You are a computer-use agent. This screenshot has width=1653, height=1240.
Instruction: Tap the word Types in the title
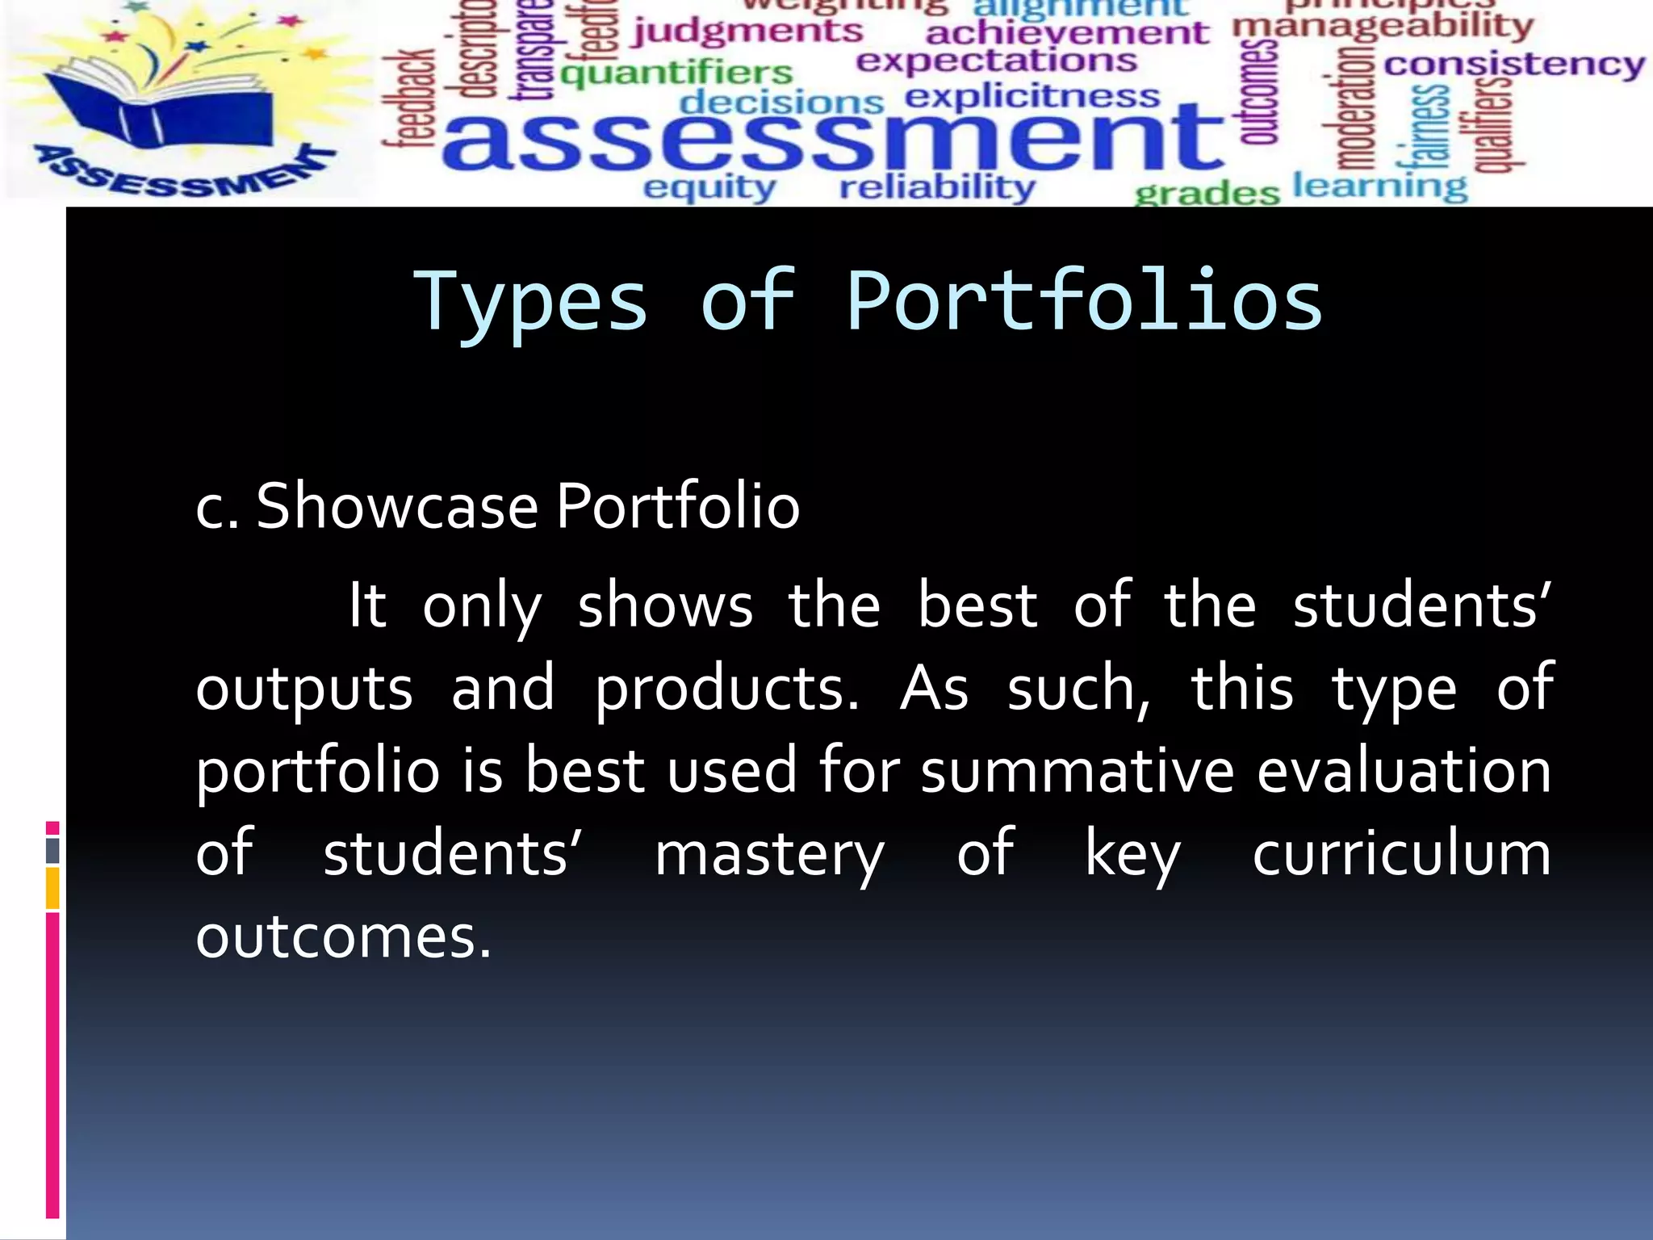tap(531, 302)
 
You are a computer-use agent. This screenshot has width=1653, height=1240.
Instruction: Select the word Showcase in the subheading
tap(397, 507)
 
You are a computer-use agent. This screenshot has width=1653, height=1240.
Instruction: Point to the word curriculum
tap(1401, 854)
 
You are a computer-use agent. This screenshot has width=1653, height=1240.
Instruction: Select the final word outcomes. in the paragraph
tap(343, 938)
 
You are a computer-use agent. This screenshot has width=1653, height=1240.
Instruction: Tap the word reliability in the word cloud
tap(937, 188)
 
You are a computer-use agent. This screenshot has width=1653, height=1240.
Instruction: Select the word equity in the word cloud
tap(709, 188)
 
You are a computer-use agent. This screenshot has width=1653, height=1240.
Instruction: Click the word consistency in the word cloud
tap(1514, 65)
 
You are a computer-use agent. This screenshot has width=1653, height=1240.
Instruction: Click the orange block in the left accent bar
tap(52, 888)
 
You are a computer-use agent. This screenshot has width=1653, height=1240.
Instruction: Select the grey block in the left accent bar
tap(52, 851)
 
